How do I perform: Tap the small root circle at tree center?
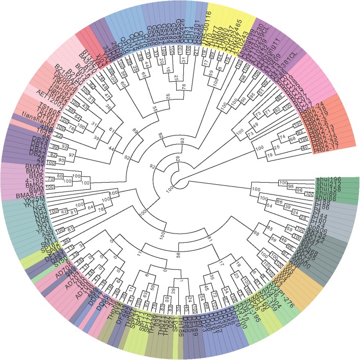(179, 179)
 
